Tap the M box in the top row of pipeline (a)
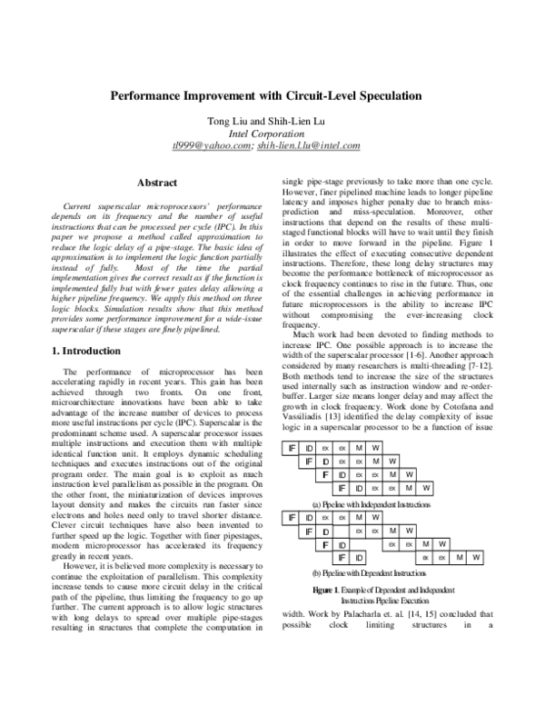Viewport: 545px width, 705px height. click(x=359, y=422)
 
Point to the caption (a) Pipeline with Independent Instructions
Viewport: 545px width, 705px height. click(x=371, y=503)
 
